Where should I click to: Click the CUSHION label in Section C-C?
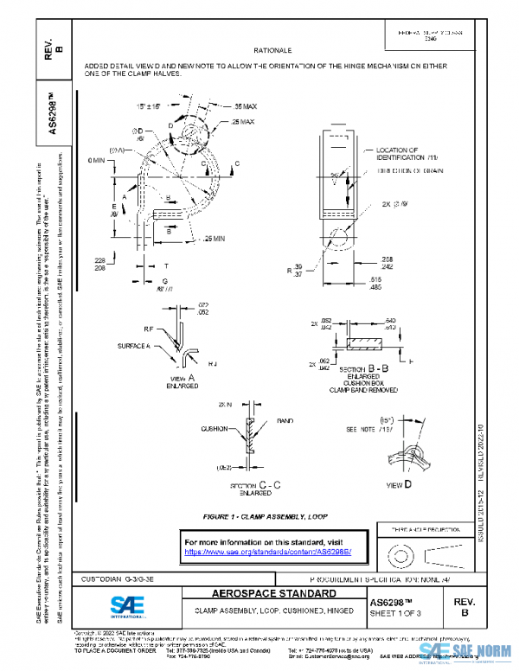pos(214,428)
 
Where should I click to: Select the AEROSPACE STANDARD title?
pos(269,594)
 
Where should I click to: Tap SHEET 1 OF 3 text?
pos(398,613)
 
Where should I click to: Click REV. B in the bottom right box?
pos(462,606)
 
